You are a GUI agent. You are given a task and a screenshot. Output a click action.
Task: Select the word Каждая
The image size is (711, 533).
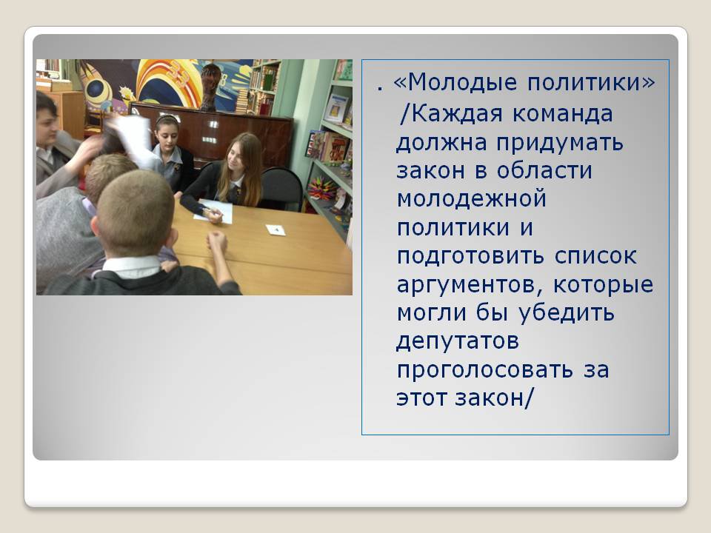click(458, 113)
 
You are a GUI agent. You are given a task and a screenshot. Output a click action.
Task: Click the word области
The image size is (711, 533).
click(544, 171)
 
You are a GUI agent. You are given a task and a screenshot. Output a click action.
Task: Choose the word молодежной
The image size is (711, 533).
click(471, 200)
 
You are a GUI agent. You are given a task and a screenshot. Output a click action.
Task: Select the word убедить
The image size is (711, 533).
click(567, 312)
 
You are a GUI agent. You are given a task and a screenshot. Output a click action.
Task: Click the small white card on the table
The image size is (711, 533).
click(276, 229)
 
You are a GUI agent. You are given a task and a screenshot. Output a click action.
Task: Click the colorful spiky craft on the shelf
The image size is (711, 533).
click(322, 188)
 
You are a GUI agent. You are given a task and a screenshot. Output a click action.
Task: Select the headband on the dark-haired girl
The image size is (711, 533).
click(167, 119)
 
